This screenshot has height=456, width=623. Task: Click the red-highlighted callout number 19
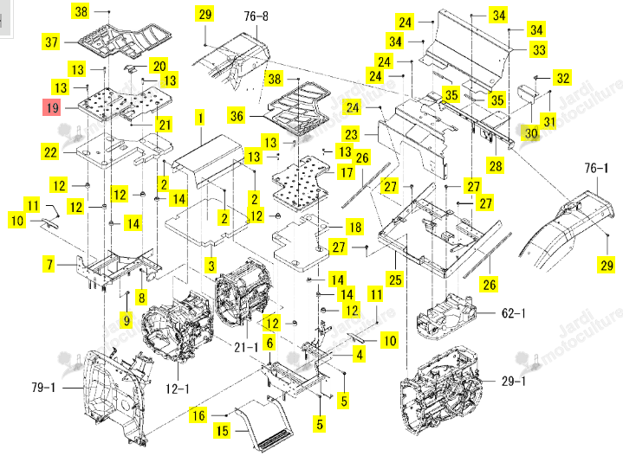(x=52, y=107)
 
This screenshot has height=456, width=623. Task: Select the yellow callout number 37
(x=51, y=42)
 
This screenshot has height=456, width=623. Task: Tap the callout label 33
(x=539, y=49)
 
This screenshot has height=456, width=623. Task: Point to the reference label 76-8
(x=256, y=16)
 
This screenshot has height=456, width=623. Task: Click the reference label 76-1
(x=596, y=168)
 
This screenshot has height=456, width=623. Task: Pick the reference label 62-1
(x=513, y=313)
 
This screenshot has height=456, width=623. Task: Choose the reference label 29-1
(x=513, y=382)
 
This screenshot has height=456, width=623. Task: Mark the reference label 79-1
(x=43, y=388)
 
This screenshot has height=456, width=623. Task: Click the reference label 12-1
(x=178, y=389)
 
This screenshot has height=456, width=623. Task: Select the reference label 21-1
(x=246, y=348)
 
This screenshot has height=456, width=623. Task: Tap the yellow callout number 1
(x=200, y=118)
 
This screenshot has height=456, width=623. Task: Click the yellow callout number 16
(x=198, y=415)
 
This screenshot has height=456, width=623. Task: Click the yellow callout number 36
(x=237, y=116)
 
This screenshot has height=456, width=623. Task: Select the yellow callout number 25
(x=395, y=279)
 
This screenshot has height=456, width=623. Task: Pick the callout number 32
(x=562, y=78)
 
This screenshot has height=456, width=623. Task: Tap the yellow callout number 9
(x=127, y=320)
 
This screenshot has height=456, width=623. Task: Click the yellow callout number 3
(x=211, y=266)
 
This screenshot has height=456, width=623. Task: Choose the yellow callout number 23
(x=351, y=134)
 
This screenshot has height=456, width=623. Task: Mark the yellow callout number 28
(x=496, y=165)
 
